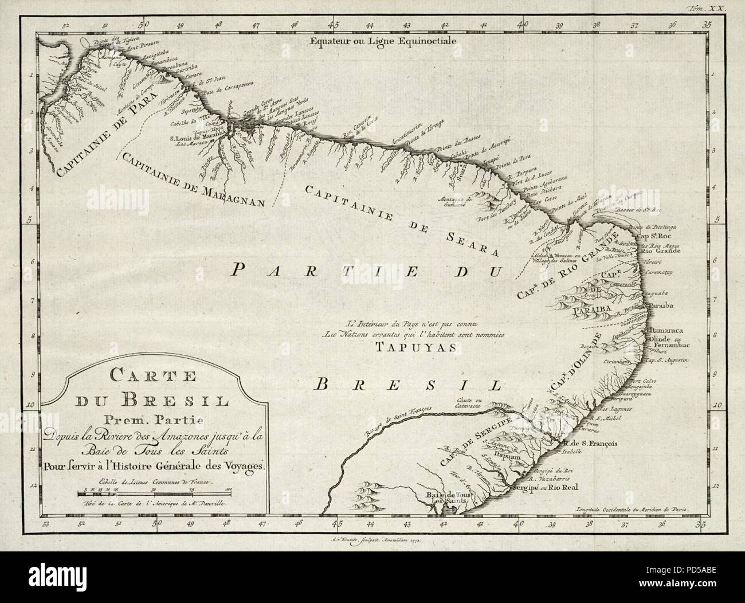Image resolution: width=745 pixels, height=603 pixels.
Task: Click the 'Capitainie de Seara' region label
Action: coord(395,218)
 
